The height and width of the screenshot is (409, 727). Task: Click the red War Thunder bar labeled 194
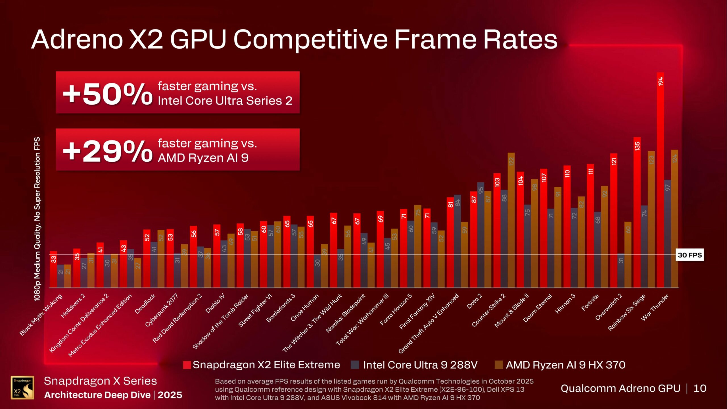pyautogui.click(x=660, y=182)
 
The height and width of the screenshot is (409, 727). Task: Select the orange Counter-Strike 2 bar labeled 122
pyautogui.click(x=511, y=222)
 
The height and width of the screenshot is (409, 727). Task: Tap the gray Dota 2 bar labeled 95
pyautogui.click(x=481, y=236)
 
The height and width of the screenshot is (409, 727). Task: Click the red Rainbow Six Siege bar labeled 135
pyautogui.click(x=637, y=213)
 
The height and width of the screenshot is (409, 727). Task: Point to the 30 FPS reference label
pyautogui.click(x=689, y=255)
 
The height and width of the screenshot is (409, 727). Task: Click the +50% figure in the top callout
pyautogui.click(x=107, y=94)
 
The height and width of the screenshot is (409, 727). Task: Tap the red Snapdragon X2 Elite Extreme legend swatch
pyautogui.click(x=187, y=365)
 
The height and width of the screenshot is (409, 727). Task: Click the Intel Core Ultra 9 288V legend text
pyautogui.click(x=420, y=365)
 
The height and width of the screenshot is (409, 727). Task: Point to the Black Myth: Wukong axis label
pyautogui.click(x=41, y=315)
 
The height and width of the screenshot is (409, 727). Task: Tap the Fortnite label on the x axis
pyautogui.click(x=590, y=302)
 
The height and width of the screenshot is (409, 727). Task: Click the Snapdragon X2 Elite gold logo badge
pyautogui.click(x=22, y=387)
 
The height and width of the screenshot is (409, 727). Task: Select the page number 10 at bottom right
pyautogui.click(x=700, y=388)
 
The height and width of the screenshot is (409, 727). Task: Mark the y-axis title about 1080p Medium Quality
pyautogui.click(x=37, y=219)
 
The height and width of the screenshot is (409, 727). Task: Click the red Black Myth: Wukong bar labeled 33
pyautogui.click(x=53, y=270)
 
